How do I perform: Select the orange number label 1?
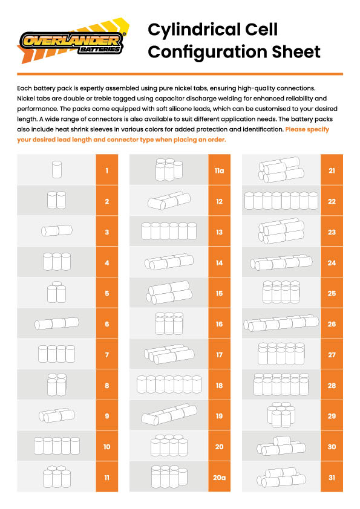pos(107,170)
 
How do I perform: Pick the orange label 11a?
pos(219,170)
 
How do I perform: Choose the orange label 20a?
pos(219,477)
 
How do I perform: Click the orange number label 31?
pos(332,477)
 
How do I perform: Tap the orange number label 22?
pos(332,201)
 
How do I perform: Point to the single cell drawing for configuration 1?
pos(56,169)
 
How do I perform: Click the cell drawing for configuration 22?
pos(281,200)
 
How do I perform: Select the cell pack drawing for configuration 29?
pos(281,415)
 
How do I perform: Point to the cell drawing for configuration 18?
pos(169,384)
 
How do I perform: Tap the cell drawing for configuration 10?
pos(56,446)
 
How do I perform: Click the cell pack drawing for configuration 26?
pos(281,323)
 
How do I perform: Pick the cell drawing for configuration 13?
pos(169,231)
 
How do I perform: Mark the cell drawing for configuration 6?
pos(56,323)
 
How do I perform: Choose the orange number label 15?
pos(219,293)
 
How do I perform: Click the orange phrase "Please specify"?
pos(307,129)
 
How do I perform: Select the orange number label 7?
pos(107,354)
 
